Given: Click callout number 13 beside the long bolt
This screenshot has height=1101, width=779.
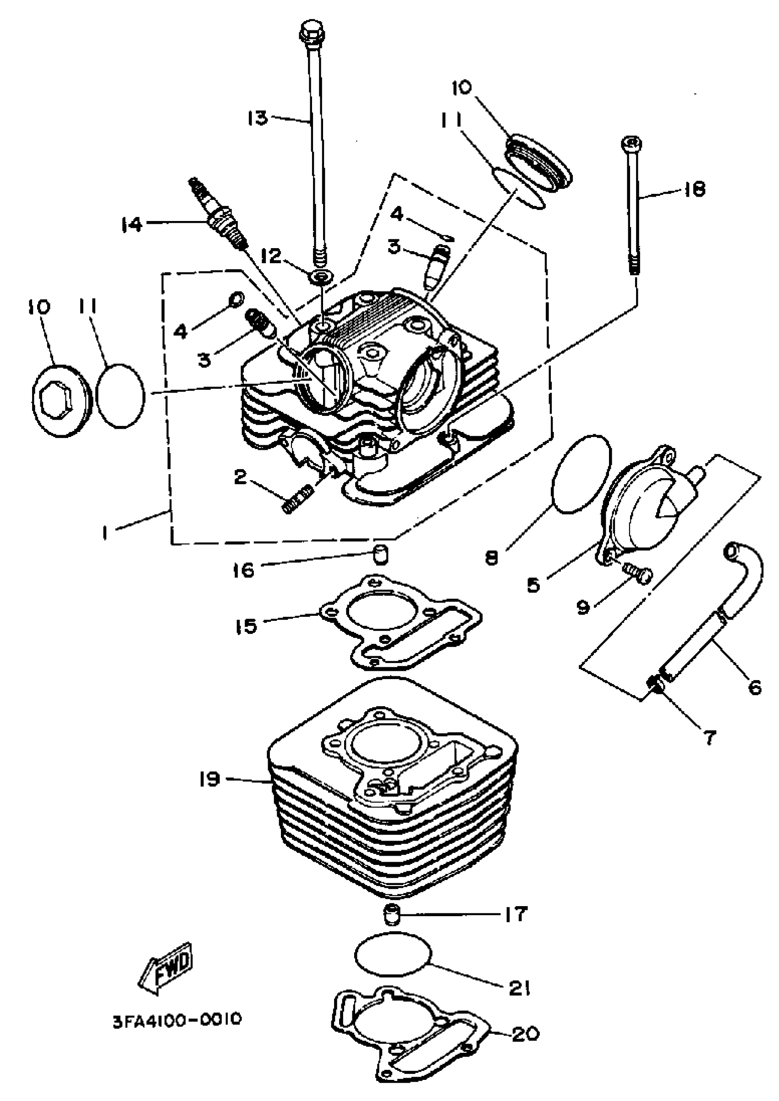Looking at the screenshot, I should pyautogui.click(x=258, y=116).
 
